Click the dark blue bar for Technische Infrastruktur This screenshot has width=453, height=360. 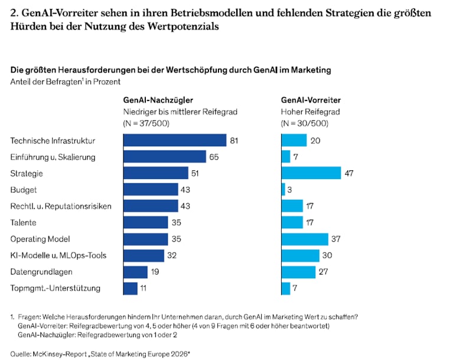[175, 140]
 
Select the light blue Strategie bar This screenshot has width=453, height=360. [311, 173]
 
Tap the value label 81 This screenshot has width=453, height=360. [234, 141]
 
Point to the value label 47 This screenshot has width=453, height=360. [348, 173]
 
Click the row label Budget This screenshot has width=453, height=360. [24, 190]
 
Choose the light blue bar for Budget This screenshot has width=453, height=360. [283, 189]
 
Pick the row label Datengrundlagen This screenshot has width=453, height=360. [41, 272]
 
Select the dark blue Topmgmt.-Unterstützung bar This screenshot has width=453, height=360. [131, 288]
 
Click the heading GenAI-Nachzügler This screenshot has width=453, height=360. [158, 100]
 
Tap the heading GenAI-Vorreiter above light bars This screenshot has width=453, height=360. [311, 100]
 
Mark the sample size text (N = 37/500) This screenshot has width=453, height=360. [146, 124]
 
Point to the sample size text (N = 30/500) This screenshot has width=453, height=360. [305, 124]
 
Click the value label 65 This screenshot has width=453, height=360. [214, 157]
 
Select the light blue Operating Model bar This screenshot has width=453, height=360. [305, 239]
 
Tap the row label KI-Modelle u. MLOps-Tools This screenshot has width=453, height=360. [58, 255]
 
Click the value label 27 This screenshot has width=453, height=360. [323, 271]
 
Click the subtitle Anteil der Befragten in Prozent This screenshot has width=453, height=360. [66, 82]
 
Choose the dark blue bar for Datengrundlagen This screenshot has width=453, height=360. [135, 272]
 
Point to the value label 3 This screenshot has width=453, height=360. [289, 190]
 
